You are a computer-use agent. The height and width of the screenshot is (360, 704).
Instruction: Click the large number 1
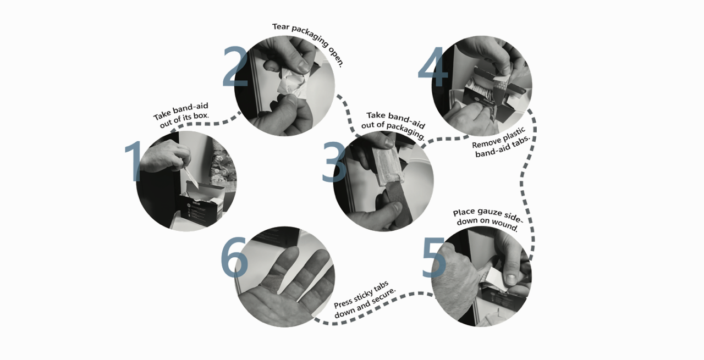pyautogui.click(x=135, y=161)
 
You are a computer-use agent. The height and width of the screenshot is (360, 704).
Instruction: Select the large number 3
pyautogui.click(x=334, y=162)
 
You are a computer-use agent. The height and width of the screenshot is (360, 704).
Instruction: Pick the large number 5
pyautogui.click(x=434, y=258)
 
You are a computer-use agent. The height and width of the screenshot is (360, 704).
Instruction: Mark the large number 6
pyautogui.click(x=234, y=257)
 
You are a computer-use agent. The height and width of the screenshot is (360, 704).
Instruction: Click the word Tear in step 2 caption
pyautogui.click(x=280, y=27)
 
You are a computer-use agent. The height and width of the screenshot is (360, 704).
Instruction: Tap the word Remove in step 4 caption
pyautogui.click(x=486, y=142)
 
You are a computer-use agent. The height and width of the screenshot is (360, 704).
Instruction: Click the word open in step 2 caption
pyautogui.click(x=336, y=57)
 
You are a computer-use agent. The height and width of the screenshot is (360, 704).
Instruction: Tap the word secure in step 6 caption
pyautogui.click(x=383, y=296)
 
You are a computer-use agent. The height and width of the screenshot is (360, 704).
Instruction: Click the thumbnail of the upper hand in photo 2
pyautogui.click(x=304, y=65)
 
